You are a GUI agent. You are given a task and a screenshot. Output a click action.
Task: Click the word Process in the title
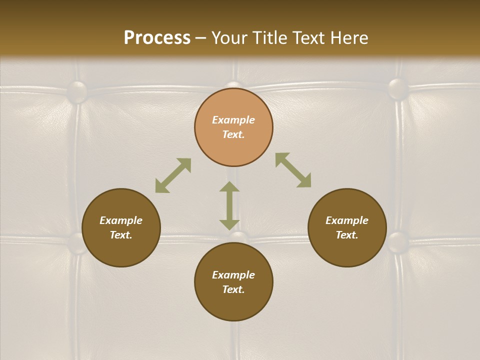click(x=157, y=38)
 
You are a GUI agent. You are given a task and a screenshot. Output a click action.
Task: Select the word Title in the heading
click(x=272, y=38)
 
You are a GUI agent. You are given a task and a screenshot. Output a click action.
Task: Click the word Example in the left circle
click(x=121, y=220)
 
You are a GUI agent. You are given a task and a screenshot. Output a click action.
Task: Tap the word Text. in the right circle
click(x=347, y=235)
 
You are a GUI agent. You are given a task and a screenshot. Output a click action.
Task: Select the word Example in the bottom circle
click(x=233, y=275)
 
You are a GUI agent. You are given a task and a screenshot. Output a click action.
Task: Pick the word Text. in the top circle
click(x=233, y=134)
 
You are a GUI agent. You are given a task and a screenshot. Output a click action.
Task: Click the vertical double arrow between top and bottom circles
click(x=229, y=205)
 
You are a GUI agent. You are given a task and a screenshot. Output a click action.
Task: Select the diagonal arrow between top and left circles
click(x=173, y=175)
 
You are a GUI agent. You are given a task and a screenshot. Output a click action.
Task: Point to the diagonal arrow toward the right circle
click(x=293, y=170)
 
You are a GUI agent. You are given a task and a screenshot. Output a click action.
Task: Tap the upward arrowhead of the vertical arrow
click(x=229, y=186)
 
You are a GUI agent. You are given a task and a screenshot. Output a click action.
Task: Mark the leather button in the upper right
click(x=398, y=88)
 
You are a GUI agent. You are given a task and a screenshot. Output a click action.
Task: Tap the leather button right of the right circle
click(x=398, y=242)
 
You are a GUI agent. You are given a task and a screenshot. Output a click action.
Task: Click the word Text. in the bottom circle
click(x=233, y=289)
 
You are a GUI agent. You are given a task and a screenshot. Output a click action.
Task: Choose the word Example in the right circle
click(x=347, y=220)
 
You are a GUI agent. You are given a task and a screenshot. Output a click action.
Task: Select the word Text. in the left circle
click(x=121, y=235)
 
